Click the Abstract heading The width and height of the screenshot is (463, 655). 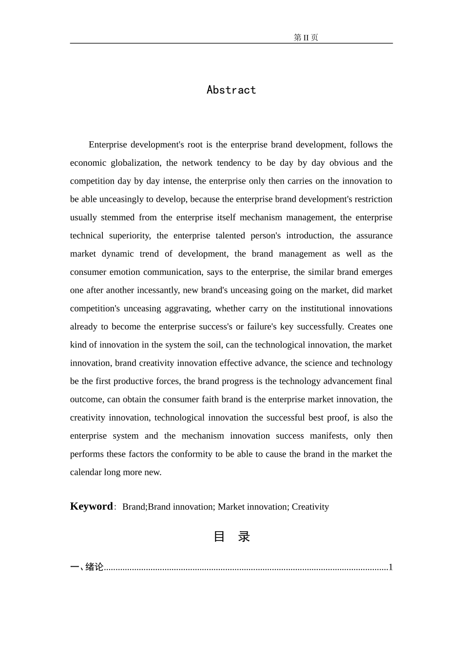point(231,90)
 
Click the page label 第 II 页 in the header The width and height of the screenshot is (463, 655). point(306,38)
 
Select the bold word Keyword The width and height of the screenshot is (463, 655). point(92,506)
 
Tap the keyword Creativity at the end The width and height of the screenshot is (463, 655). point(310,507)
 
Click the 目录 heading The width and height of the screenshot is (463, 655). point(231,537)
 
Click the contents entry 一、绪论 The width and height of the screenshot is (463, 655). point(87,567)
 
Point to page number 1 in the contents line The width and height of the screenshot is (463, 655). point(390,567)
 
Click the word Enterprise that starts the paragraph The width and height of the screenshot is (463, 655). point(107,145)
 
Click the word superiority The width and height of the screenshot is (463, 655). point(129,236)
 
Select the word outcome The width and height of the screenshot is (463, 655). point(86,400)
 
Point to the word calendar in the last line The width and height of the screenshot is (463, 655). point(85,472)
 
